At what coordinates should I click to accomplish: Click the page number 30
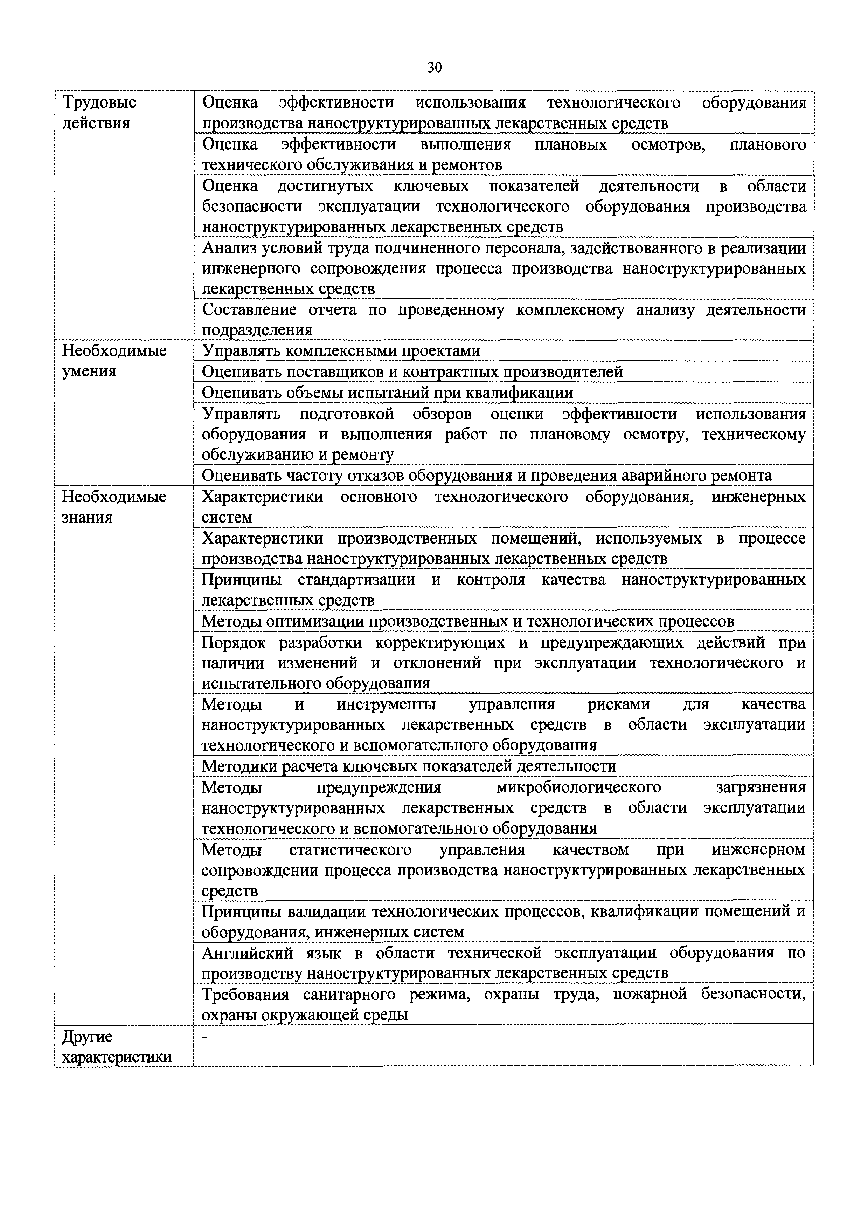tap(434, 67)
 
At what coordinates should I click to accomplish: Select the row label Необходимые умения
tap(114, 361)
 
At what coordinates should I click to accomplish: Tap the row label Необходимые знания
tap(114, 507)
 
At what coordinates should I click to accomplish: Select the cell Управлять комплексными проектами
tap(341, 350)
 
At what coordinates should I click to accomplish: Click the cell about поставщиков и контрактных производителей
tap(412, 371)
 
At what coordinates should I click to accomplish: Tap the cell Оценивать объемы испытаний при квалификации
tap(387, 393)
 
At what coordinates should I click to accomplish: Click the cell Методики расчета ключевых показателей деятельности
tap(409, 766)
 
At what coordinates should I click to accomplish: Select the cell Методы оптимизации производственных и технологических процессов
tap(467, 621)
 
